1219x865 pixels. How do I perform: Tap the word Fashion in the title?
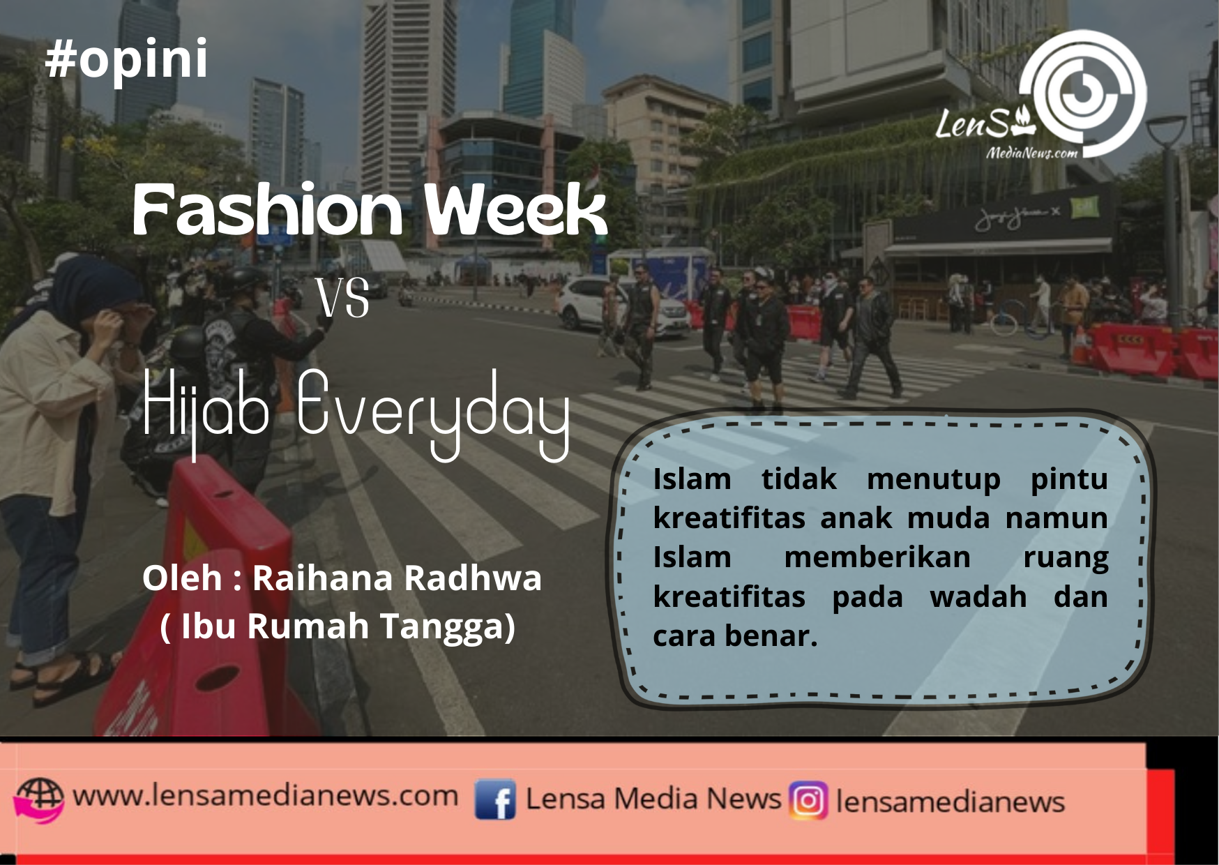point(268,209)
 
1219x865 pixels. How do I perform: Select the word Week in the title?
point(516,209)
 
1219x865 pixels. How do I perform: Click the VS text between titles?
point(342,298)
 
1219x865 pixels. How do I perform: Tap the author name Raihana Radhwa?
point(397,578)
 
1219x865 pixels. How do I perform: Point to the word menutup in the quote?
point(933,480)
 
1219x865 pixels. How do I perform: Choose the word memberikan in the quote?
point(877,557)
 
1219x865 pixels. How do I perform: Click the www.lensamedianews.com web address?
point(265,795)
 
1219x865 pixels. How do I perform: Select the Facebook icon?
point(495,799)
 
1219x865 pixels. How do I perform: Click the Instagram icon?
point(808,800)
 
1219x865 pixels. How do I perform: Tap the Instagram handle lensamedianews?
point(950,802)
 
